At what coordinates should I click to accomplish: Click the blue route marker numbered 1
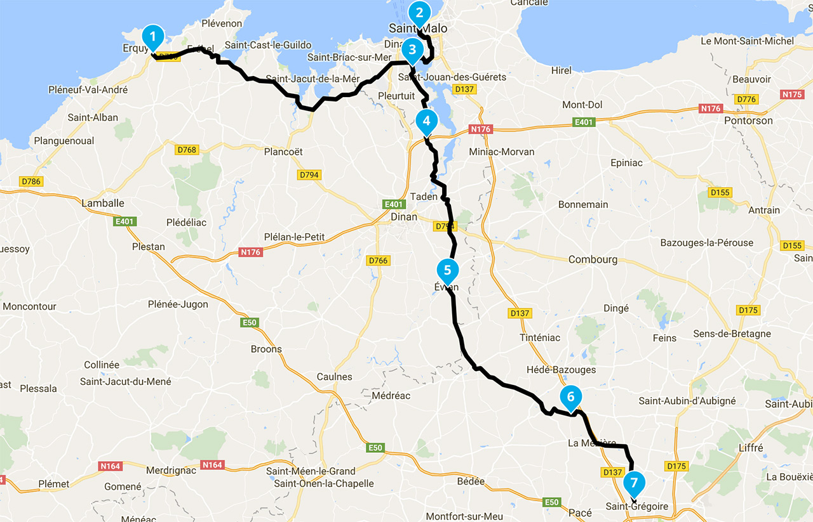tap(153, 37)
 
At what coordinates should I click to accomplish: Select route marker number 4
tap(426, 121)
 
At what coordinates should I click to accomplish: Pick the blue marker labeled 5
tap(447, 269)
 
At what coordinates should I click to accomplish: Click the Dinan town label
tap(404, 217)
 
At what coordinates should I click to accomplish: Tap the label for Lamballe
tap(103, 203)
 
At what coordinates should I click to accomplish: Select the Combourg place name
tap(593, 259)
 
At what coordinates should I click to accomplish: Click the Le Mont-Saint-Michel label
tap(747, 41)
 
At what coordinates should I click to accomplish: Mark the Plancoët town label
tap(284, 152)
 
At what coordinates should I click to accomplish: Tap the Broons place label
tap(266, 349)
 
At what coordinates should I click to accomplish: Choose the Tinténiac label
tap(540, 337)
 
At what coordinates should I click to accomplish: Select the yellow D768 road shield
tap(186, 150)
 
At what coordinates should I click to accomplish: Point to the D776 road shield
tap(746, 100)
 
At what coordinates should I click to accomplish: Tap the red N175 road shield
tap(793, 95)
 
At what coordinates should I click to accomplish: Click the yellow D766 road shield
tap(378, 261)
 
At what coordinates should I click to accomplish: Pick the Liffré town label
tap(751, 448)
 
